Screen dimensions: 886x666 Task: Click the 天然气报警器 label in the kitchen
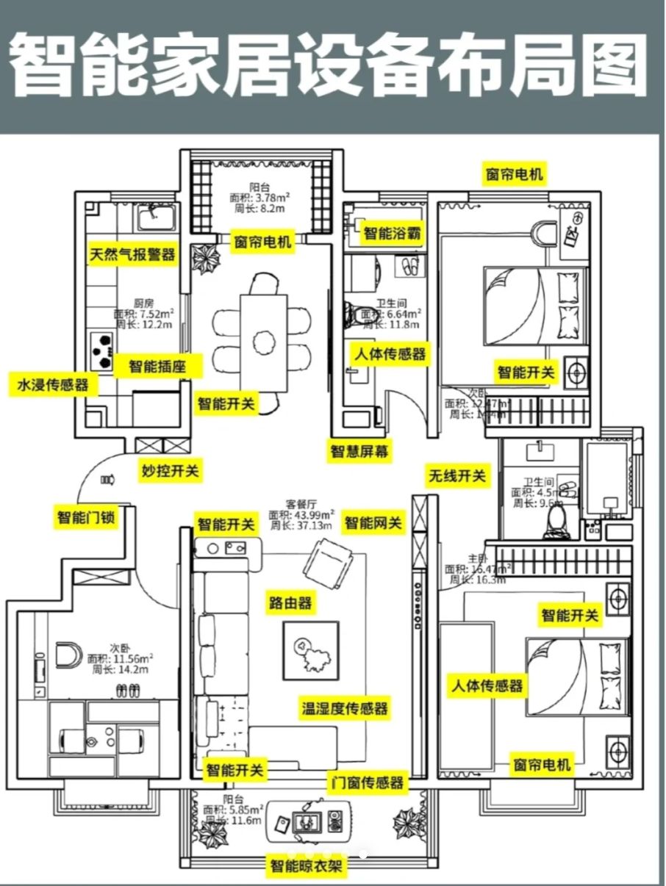tap(132, 254)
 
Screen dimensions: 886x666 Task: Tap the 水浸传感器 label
tap(53, 383)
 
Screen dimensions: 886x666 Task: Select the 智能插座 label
tap(157, 366)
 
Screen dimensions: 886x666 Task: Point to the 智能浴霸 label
tap(393, 234)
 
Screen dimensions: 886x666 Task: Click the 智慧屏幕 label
tap(359, 450)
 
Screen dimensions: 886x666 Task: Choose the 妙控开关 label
tap(170, 470)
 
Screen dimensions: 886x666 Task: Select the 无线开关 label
tap(457, 476)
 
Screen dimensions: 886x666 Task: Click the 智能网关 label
tap(373, 523)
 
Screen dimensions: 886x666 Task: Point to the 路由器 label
tap(290, 603)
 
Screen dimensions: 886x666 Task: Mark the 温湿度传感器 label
tap(345, 708)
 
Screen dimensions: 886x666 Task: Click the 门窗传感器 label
tap(367, 782)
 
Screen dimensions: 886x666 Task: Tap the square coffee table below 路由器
tap(312, 651)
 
